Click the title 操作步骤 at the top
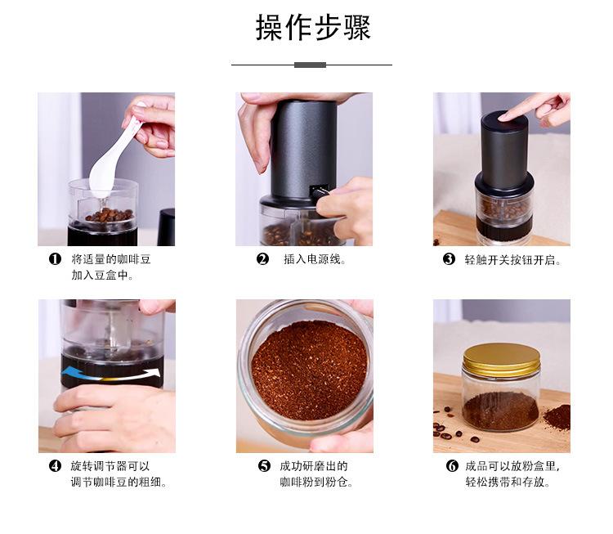point(313,27)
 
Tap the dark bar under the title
point(310,65)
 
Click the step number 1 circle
point(55,259)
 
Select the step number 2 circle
point(262,259)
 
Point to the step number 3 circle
point(449,259)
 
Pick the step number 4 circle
point(55,466)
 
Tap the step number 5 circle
point(264,466)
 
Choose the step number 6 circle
point(452,466)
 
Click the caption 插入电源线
point(315,259)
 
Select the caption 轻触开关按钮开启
point(512,260)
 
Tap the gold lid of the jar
point(502,360)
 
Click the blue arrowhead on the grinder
point(69,371)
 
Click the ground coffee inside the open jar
point(310,370)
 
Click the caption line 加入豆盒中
point(102,276)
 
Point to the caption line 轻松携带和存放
point(508,482)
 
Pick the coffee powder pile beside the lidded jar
point(557,417)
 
